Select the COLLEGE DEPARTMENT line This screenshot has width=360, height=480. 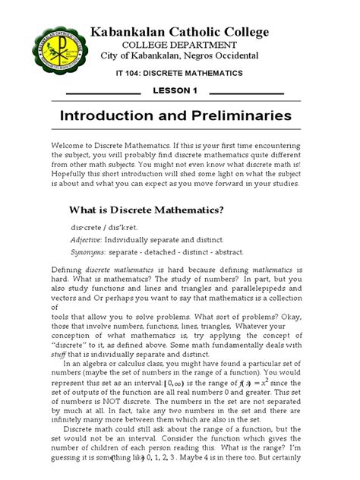180,45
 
